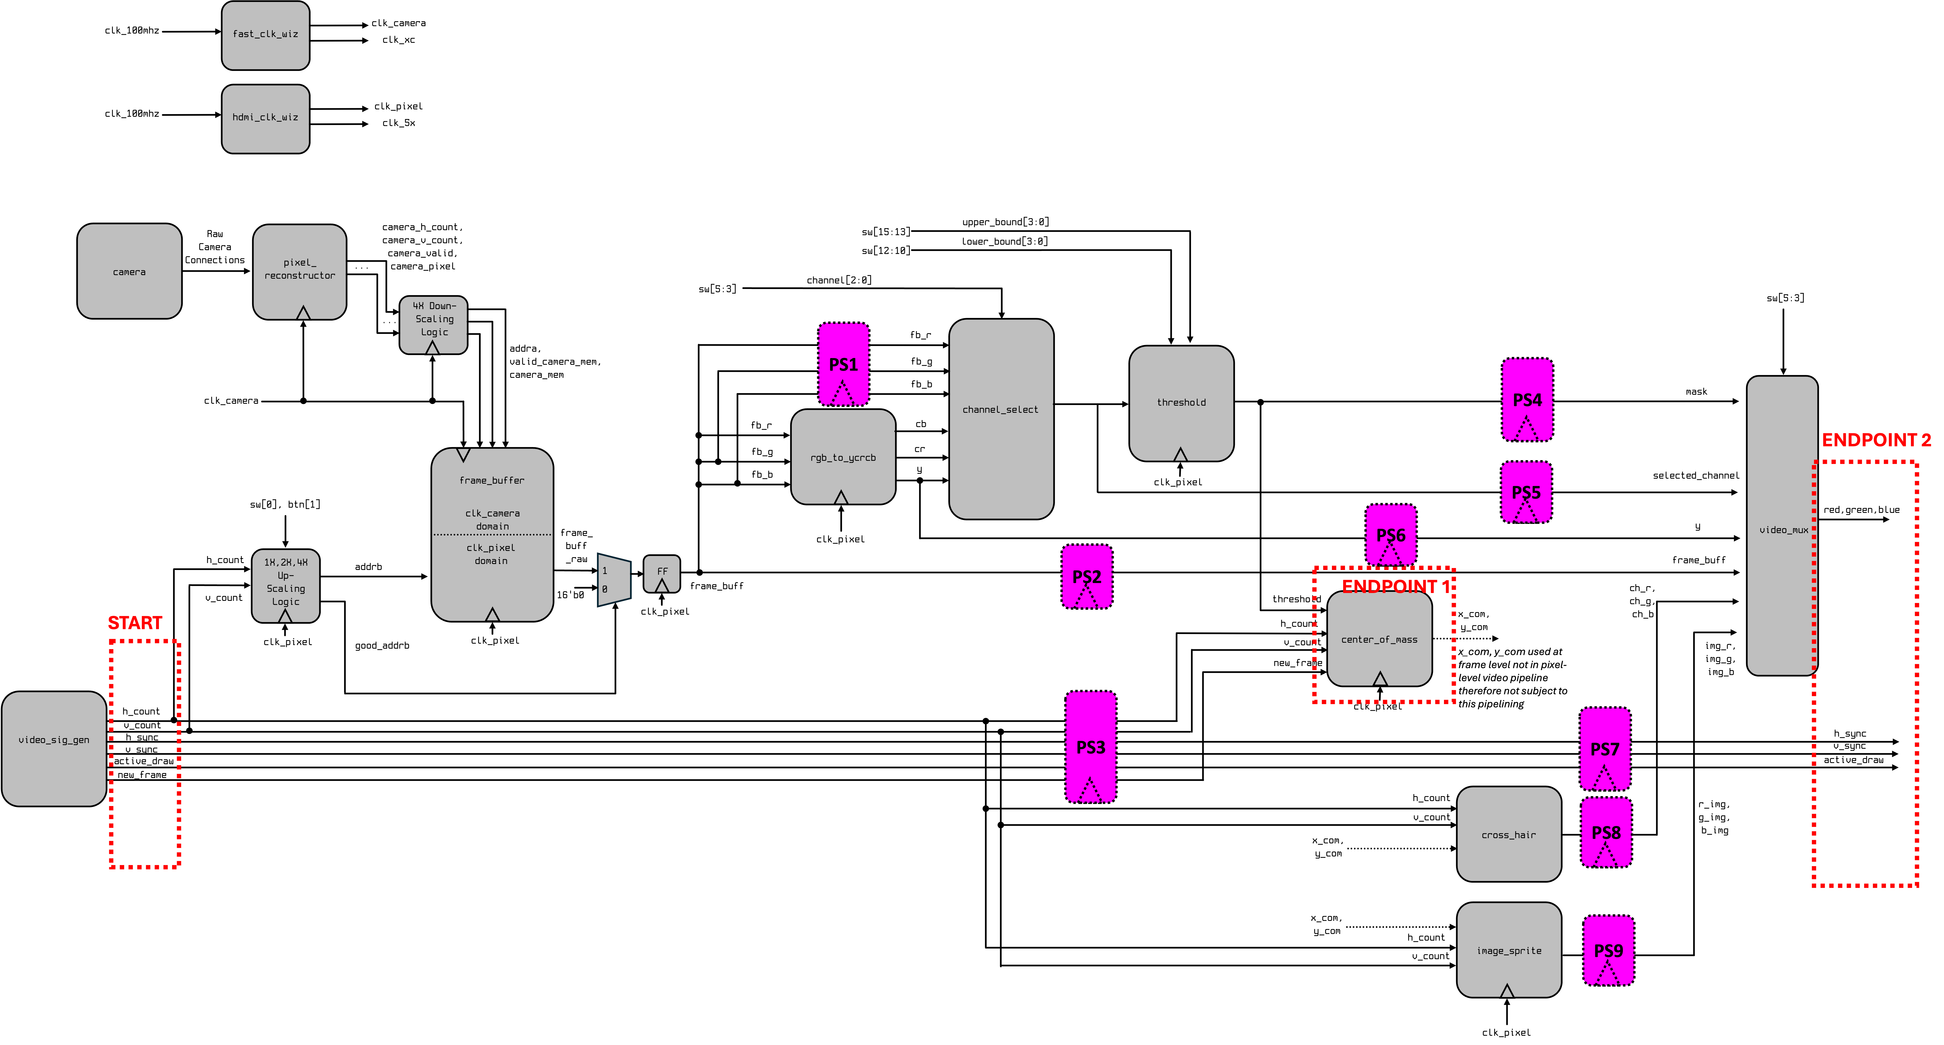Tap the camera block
tap(129, 271)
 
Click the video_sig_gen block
tap(54, 748)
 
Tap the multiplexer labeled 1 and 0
tap(614, 579)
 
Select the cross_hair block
tap(1509, 834)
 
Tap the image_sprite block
tap(1509, 949)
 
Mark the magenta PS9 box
tap(1608, 950)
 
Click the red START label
tap(135, 622)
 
